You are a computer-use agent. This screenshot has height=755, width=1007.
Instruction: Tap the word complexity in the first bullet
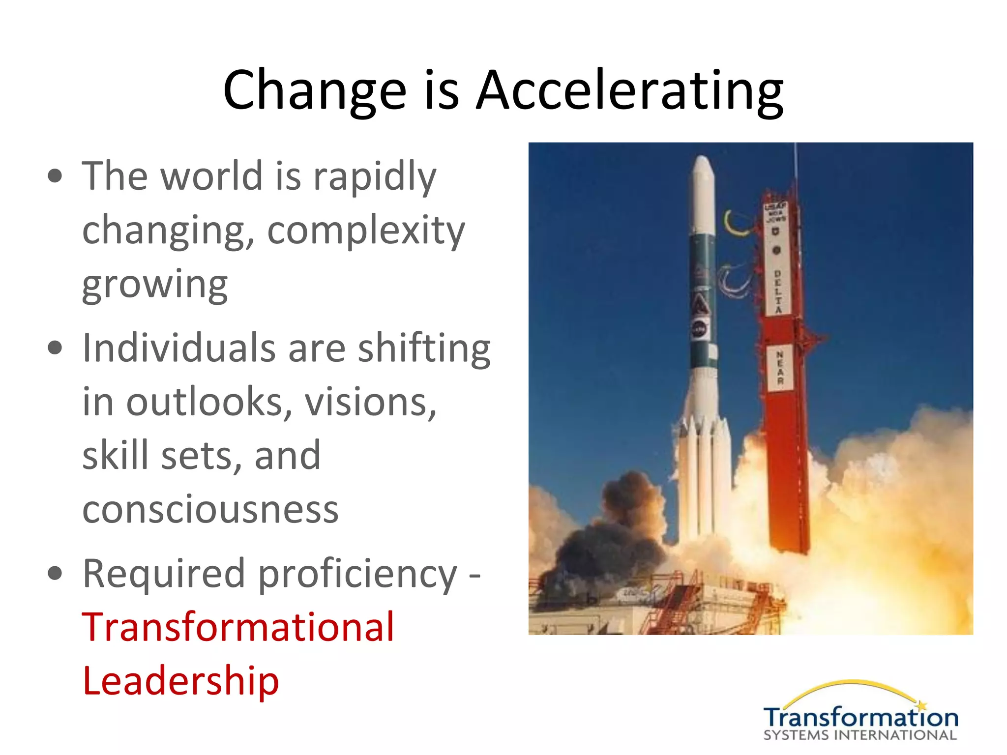(x=366, y=231)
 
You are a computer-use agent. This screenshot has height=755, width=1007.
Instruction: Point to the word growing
(x=155, y=285)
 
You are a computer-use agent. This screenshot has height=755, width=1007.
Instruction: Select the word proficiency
(x=357, y=574)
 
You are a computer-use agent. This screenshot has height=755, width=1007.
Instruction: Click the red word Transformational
(x=238, y=627)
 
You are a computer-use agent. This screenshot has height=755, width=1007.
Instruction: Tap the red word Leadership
(x=180, y=681)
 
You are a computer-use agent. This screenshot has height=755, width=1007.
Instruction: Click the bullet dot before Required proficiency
(x=56, y=573)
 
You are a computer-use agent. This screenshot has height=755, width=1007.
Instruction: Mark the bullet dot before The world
(x=56, y=175)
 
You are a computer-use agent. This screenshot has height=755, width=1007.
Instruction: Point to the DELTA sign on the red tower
(x=778, y=291)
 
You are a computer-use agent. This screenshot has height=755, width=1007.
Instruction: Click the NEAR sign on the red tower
(x=780, y=368)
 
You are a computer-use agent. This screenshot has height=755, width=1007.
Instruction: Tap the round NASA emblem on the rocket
(x=700, y=329)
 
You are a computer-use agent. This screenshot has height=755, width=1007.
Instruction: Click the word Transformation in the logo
(x=860, y=718)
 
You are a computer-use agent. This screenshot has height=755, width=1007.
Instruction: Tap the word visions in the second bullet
(x=370, y=402)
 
